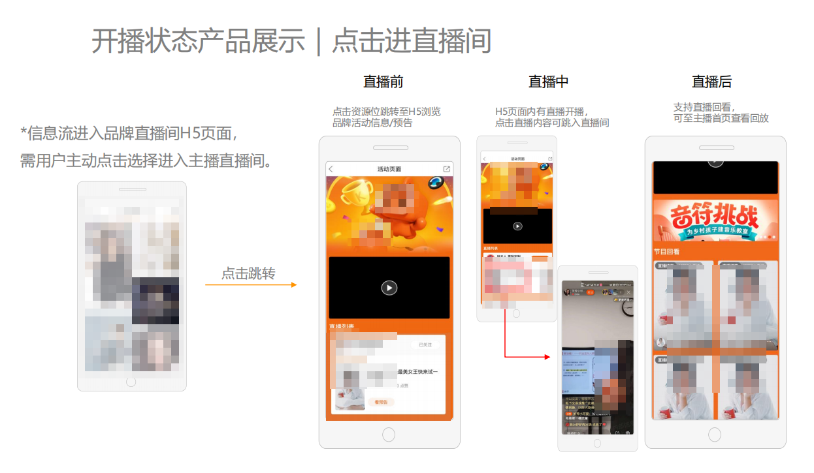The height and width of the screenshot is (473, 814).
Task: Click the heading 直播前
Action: pos(383,82)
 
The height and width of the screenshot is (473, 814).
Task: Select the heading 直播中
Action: pos(548,82)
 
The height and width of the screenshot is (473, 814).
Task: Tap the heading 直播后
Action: pos(711,82)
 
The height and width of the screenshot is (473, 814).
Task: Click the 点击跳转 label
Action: pos(248,273)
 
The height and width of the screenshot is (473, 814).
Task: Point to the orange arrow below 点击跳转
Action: pos(251,285)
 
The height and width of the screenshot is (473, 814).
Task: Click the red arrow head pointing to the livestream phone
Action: pos(547,357)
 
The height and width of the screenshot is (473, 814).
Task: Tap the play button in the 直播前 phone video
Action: pos(389,288)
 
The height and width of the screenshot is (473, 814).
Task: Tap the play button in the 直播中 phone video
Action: pos(517,226)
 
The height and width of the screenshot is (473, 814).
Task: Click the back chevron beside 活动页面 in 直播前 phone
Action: pos(331,170)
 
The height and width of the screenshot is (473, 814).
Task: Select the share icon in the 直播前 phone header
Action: pos(447,169)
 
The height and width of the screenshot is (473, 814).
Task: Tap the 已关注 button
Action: pos(425,344)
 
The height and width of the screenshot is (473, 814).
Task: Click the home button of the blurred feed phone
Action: pos(131,382)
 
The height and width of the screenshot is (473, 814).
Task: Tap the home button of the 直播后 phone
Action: pos(715,435)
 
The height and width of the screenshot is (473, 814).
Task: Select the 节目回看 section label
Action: pos(666,252)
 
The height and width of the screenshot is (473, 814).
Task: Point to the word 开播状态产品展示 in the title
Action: pos(198,41)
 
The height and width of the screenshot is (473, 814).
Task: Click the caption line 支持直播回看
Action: pos(704,107)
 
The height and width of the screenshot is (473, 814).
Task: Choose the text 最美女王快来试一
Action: pos(417,372)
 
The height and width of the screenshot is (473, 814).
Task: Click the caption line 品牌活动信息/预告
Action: pos(372,123)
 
